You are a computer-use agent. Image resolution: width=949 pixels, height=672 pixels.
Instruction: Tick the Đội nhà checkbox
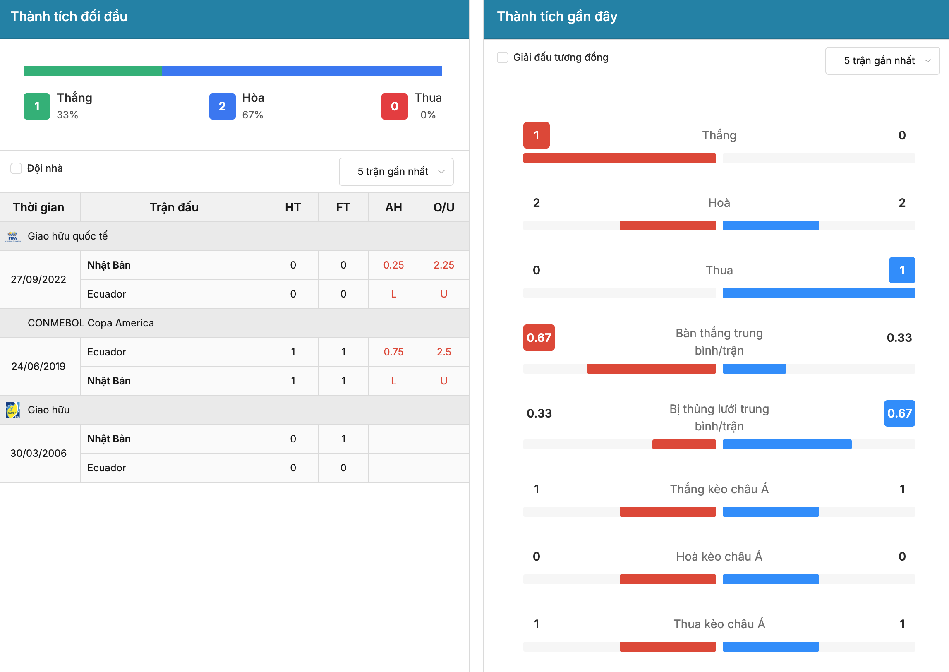click(x=16, y=168)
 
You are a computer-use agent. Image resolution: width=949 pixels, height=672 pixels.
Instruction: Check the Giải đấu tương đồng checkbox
click(x=503, y=58)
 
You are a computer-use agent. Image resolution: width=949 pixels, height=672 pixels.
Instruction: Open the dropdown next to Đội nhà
click(x=396, y=171)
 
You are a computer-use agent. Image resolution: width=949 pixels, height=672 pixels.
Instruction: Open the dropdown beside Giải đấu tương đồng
click(x=882, y=60)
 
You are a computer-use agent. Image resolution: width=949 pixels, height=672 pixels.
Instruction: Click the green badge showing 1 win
click(x=37, y=106)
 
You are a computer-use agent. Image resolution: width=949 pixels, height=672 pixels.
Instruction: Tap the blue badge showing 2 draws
click(x=222, y=106)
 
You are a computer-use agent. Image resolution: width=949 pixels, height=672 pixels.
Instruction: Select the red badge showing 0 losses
click(x=395, y=106)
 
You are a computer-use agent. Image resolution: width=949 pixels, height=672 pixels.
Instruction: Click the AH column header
click(x=393, y=207)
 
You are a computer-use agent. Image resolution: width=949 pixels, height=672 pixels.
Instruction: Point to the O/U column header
click(x=444, y=207)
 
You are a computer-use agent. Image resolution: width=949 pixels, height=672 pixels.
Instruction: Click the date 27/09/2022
click(x=38, y=280)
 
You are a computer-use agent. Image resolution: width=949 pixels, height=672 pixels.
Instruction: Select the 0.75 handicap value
click(x=393, y=352)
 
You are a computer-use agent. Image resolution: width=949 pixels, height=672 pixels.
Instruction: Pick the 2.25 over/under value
click(x=444, y=265)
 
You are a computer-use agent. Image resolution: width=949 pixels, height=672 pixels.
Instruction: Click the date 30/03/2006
click(x=38, y=454)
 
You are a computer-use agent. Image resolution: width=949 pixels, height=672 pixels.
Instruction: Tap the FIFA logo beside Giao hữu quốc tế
click(x=13, y=236)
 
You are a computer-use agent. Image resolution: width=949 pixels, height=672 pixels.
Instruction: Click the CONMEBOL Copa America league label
click(x=91, y=323)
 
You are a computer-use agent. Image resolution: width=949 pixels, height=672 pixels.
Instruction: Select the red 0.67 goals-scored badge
click(x=539, y=338)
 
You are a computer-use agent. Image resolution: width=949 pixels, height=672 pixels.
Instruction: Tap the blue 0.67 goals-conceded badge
click(x=899, y=413)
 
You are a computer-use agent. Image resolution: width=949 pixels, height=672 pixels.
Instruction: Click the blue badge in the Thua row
click(x=902, y=270)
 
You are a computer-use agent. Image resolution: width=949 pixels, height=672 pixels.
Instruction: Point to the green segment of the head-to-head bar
click(x=93, y=71)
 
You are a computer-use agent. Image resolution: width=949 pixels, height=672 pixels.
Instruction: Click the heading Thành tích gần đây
click(x=557, y=17)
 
